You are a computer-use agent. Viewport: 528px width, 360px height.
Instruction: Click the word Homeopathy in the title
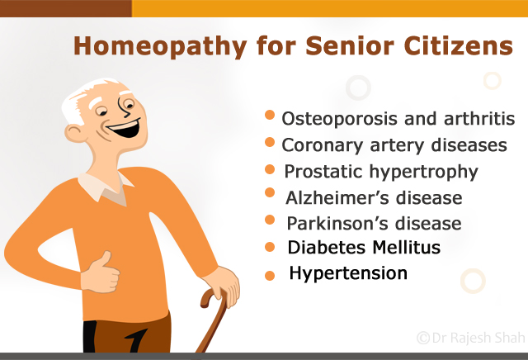[x=160, y=46]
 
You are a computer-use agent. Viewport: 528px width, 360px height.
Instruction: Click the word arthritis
[x=479, y=118]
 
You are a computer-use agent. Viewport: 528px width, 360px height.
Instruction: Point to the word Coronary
[x=323, y=145]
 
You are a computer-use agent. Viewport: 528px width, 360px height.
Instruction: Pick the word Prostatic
[x=323, y=171]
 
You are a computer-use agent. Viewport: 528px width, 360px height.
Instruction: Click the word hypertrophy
[x=423, y=172]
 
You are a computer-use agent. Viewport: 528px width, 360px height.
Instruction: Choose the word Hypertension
[x=348, y=273]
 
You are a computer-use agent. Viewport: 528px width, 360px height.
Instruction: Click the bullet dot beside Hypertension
[x=270, y=276]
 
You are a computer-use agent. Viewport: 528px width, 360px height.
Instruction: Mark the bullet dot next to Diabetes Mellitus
[x=270, y=247]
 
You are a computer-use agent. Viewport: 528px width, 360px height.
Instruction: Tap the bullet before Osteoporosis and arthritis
[x=270, y=115]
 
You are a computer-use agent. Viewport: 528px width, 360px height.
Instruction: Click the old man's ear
[x=74, y=133]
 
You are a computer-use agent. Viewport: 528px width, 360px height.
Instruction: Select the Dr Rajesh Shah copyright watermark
[x=471, y=338]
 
